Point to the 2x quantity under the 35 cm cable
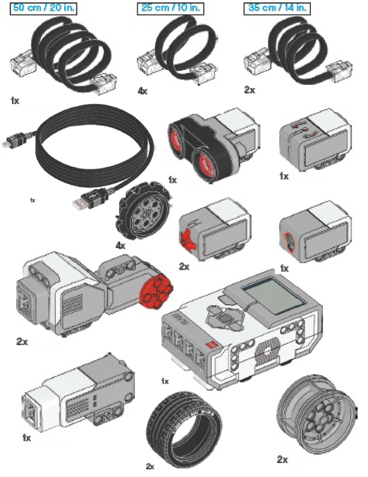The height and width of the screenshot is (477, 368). pyautogui.click(x=250, y=89)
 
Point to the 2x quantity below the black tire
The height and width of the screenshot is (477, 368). pyautogui.click(x=150, y=466)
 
